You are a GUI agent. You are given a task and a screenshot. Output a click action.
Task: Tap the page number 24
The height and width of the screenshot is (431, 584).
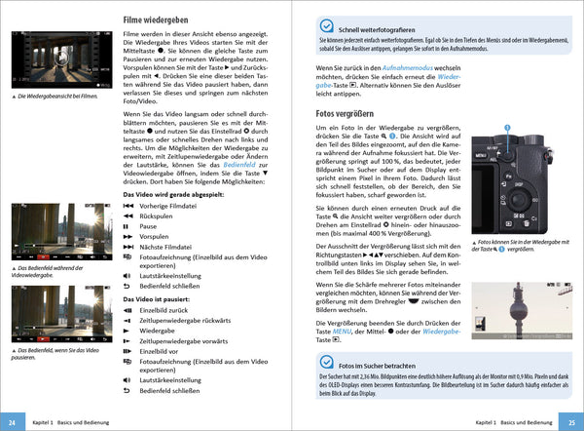tap(11, 422)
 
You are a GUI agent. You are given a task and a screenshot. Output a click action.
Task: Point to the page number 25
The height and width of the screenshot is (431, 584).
tap(572, 422)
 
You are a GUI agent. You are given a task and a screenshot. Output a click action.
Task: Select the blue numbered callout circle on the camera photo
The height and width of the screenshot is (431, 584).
tap(506, 129)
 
